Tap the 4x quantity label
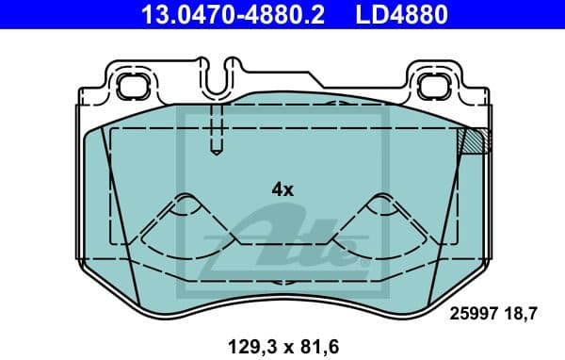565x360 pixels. (x=282, y=188)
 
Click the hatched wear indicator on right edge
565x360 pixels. (x=472, y=140)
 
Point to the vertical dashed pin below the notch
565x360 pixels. (x=216, y=127)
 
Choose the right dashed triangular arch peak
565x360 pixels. (x=380, y=201)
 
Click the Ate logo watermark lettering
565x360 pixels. (x=292, y=240)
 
